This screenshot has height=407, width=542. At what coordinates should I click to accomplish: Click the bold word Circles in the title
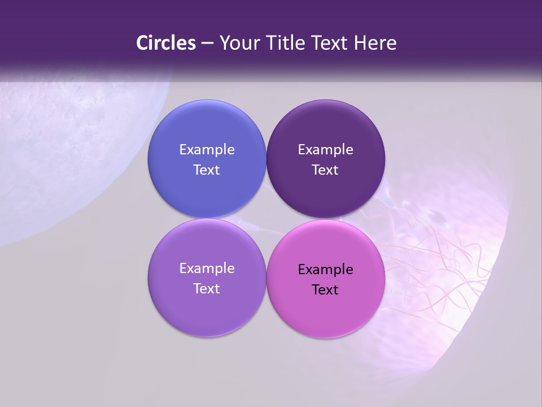pos(166,43)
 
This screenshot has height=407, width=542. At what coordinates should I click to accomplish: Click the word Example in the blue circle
pos(207,149)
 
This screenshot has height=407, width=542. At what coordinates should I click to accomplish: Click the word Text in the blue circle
pos(207,170)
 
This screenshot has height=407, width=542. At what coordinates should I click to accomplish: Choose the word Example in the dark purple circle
pos(326,149)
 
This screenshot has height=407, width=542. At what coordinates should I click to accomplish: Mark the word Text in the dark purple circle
pos(326,170)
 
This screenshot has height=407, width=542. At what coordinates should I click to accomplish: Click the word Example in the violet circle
pos(207,268)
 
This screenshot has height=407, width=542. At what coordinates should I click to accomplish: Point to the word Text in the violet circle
pos(207,288)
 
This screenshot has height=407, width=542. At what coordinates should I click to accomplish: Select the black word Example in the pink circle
pos(326,269)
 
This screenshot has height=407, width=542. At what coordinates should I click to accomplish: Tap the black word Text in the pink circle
pos(326,289)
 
